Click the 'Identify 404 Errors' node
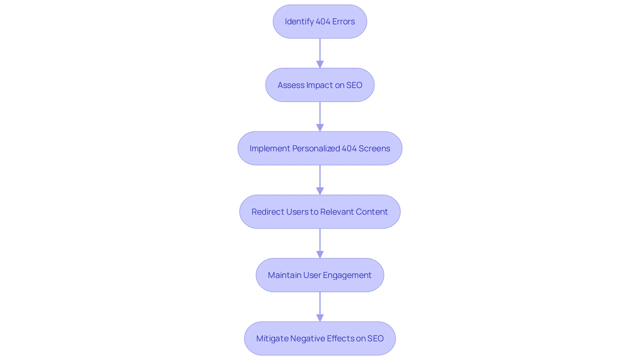point(320,22)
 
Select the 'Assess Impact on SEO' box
point(320,85)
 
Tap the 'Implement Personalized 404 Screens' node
point(320,148)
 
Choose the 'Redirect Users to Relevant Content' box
point(320,212)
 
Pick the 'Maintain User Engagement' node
point(320,275)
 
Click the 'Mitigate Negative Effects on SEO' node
point(320,338)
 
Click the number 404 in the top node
point(323,22)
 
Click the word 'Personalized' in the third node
point(316,148)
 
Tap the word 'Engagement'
point(347,275)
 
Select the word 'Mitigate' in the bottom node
point(272,338)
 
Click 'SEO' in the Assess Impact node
point(354,85)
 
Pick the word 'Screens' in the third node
point(374,148)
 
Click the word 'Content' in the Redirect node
point(372,212)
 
